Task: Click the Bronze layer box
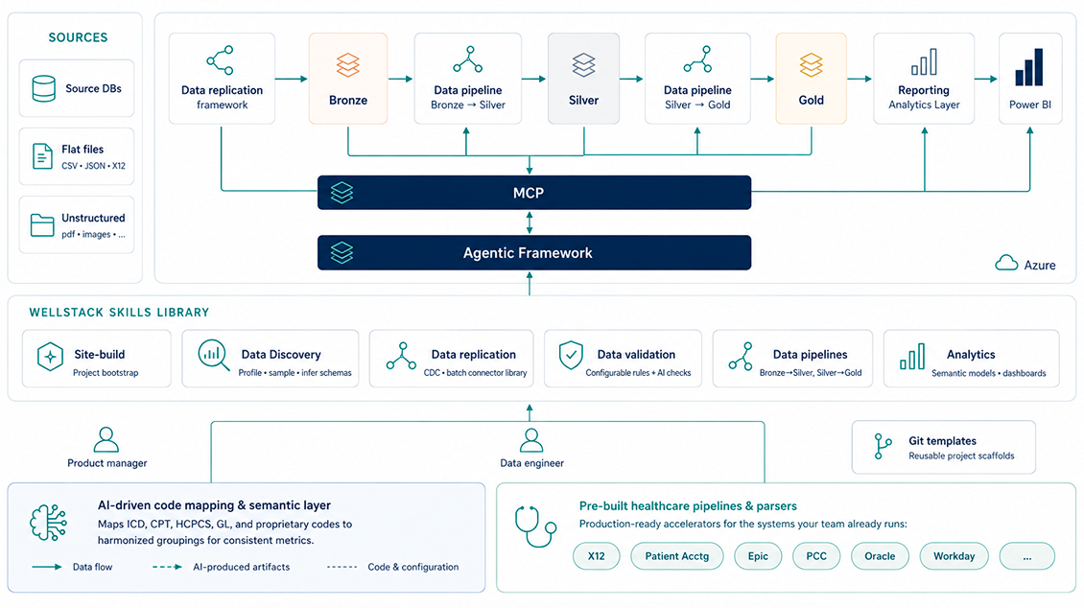coord(347,79)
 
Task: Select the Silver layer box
coord(583,79)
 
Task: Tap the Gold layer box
coord(811,79)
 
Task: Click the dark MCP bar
coord(534,193)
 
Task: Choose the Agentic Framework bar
coord(534,253)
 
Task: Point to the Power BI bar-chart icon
coord(1029,67)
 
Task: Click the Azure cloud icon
coord(1006,263)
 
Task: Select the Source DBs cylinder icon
coord(43,89)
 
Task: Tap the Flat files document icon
coord(42,157)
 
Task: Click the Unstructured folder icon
coord(42,225)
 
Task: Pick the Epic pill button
coord(758,556)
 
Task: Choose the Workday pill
coord(954,556)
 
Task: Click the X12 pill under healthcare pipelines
coord(596,556)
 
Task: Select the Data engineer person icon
coord(530,440)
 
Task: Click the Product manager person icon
coord(106,439)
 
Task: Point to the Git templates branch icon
coord(883,446)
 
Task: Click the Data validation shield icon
coord(571,356)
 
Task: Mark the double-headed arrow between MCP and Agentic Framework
coord(530,222)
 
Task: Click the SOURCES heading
coord(78,37)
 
